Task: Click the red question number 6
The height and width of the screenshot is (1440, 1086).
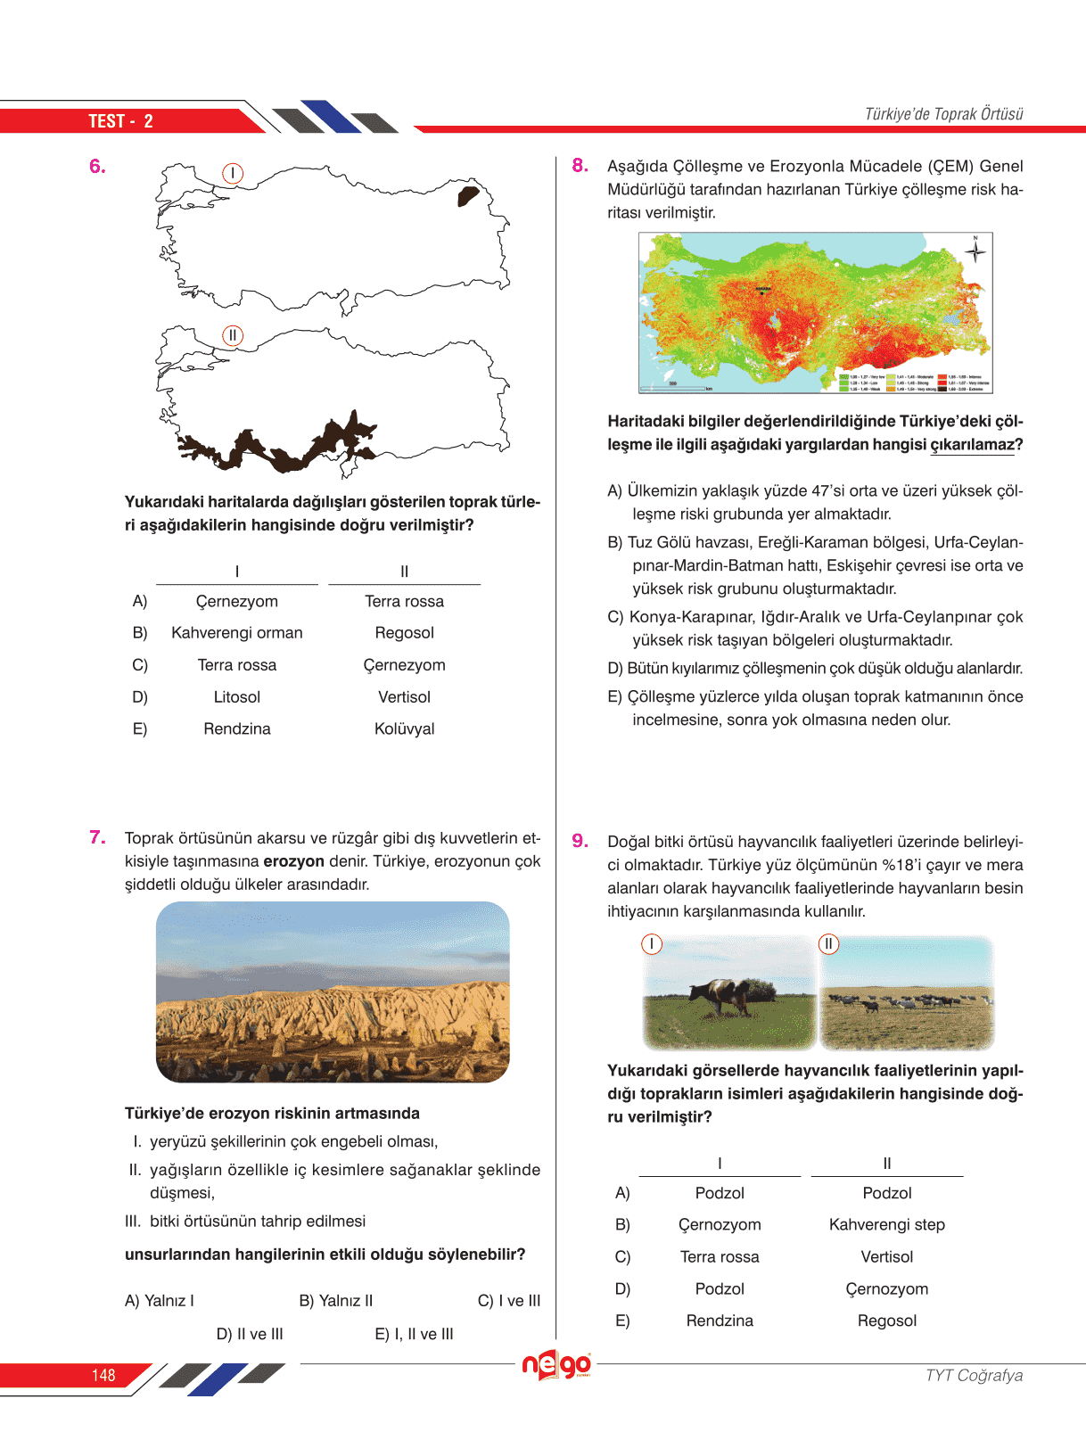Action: point(97,166)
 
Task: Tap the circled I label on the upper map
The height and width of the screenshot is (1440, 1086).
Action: point(233,173)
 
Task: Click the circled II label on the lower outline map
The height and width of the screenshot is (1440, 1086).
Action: point(232,335)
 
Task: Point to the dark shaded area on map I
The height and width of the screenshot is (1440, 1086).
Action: point(467,195)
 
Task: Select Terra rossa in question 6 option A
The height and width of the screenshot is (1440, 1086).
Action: point(404,601)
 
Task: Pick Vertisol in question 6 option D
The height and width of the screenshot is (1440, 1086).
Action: point(404,696)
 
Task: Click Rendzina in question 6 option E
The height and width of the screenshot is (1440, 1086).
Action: point(237,728)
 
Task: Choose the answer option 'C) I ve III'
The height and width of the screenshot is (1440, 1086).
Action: point(509,1300)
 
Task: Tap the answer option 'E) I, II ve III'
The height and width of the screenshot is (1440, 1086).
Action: point(414,1334)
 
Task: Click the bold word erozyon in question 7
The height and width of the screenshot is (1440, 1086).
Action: point(293,861)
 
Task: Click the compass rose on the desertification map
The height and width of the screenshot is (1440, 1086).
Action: point(975,251)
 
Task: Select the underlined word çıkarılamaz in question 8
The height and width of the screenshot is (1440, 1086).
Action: point(972,444)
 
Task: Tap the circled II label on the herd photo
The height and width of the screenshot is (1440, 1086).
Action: point(828,943)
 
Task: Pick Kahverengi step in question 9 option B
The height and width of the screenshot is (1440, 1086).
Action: point(886,1224)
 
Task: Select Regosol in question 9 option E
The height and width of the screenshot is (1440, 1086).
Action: point(886,1321)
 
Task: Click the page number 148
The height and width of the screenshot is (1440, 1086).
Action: point(103,1375)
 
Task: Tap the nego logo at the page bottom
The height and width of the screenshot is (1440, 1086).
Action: point(556,1365)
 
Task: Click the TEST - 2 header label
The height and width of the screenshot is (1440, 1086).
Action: point(120,121)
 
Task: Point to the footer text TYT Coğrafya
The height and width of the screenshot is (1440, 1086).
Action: point(974,1375)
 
